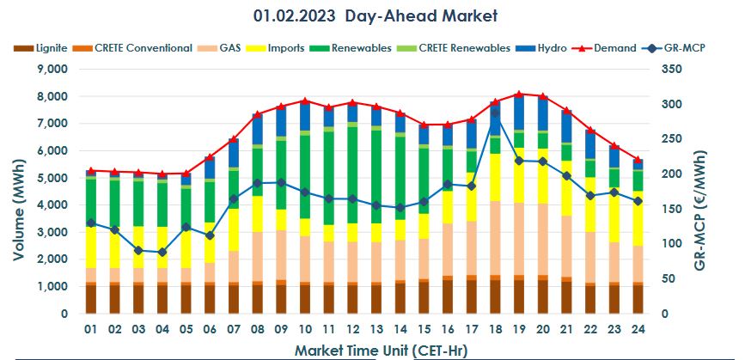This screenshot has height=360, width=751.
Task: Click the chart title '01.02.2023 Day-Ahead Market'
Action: pyautogui.click(x=375, y=15)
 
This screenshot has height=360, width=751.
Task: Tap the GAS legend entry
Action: pyautogui.click(x=228, y=48)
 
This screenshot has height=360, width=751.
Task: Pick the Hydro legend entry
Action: pyautogui.click(x=547, y=48)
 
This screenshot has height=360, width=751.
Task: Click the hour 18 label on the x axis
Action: pyautogui.click(x=494, y=330)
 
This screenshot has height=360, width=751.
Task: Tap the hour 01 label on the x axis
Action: pyautogui.click(x=90, y=330)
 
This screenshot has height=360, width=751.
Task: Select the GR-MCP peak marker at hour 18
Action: pyautogui.click(x=495, y=113)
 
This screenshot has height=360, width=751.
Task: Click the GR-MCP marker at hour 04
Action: pyautogui.click(x=162, y=252)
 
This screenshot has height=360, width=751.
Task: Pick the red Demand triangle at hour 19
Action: pyautogui.click(x=518, y=94)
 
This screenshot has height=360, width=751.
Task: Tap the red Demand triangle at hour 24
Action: pyautogui.click(x=638, y=160)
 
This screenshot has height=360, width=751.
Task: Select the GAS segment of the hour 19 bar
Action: pyautogui.click(x=518, y=240)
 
